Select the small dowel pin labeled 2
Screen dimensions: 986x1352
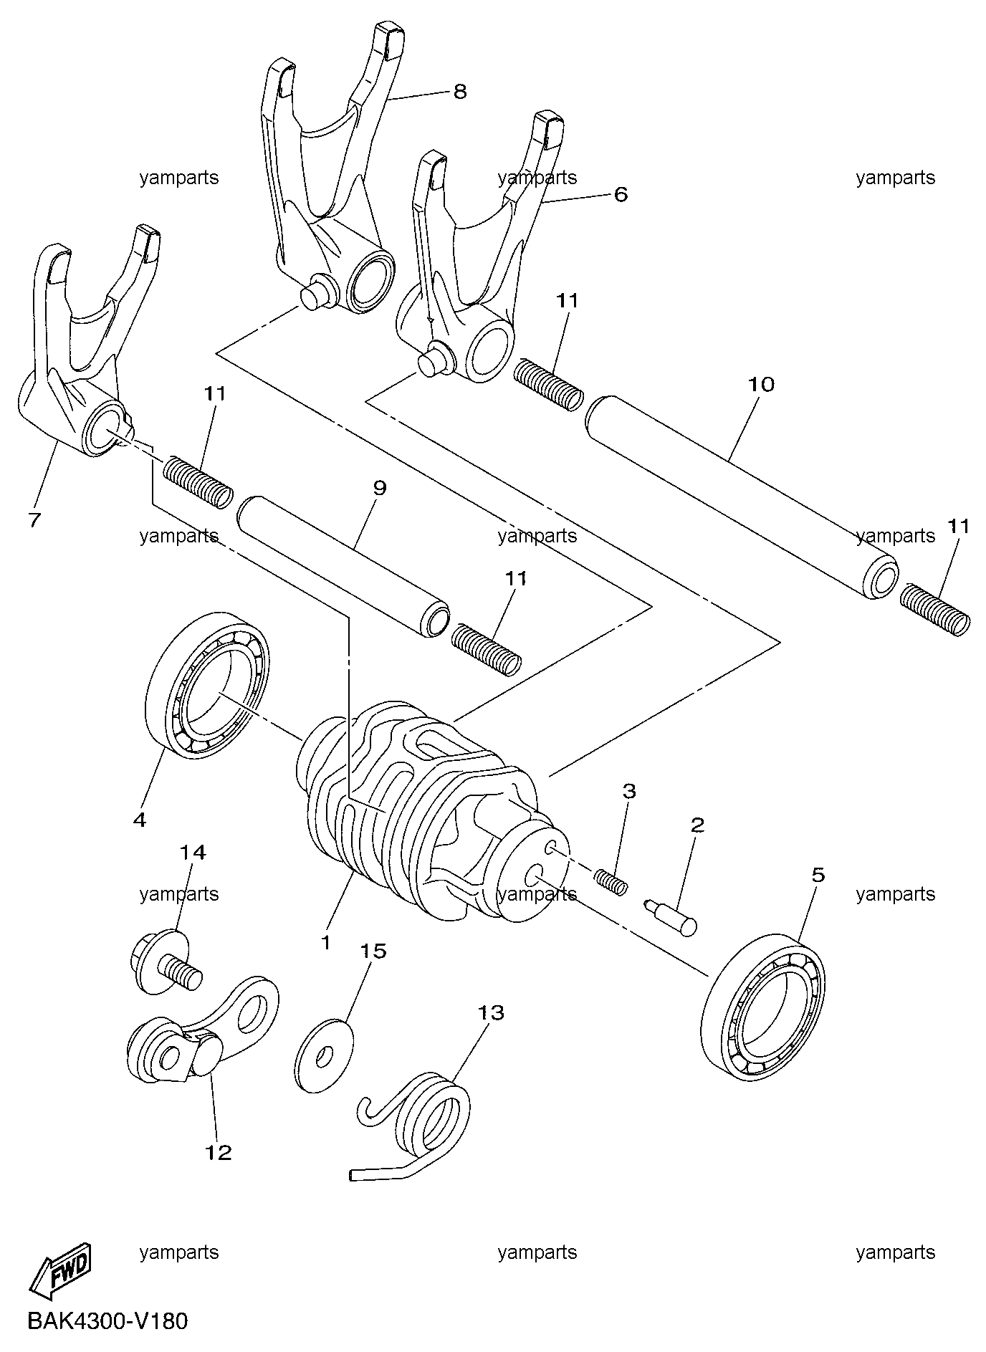tap(671, 916)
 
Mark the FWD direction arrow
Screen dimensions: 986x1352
tap(61, 1272)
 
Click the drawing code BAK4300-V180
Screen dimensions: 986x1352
tap(107, 1320)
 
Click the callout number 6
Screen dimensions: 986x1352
tap(621, 194)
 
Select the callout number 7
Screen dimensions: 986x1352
tap(34, 520)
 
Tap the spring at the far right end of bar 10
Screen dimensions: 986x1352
tap(936, 608)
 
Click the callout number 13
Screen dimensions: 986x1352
tap(492, 1013)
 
